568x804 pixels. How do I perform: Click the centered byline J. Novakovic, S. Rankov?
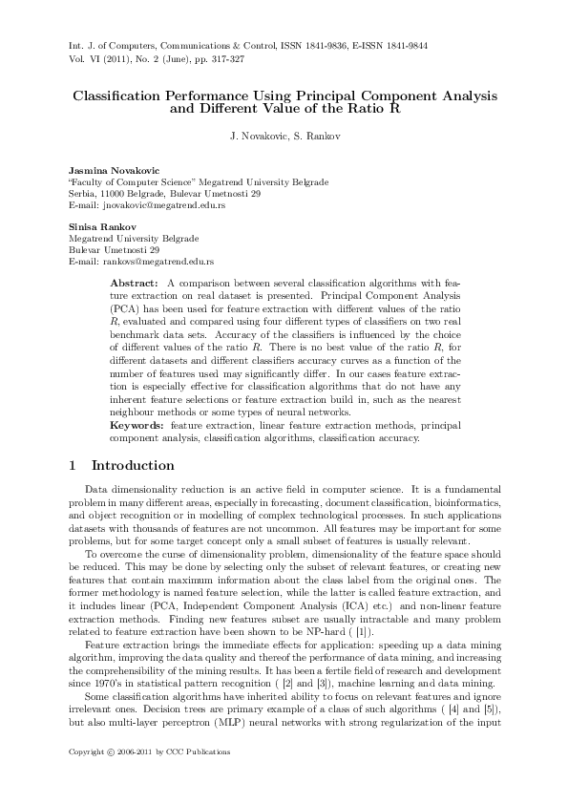tap(284, 137)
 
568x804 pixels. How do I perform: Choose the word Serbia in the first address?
tap(81, 194)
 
